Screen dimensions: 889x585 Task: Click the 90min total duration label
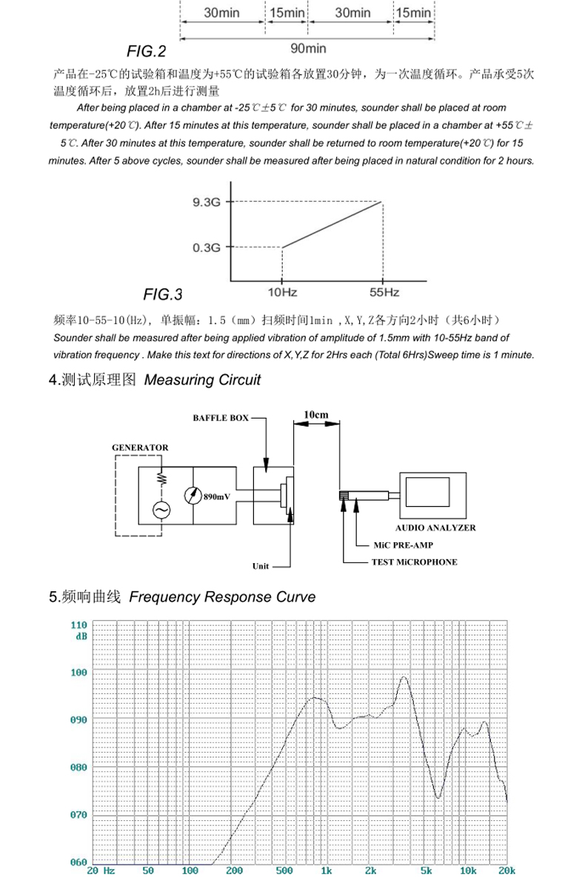click(x=308, y=49)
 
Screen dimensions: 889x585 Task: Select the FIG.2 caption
click(x=146, y=52)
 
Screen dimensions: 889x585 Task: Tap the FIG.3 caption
click(x=163, y=295)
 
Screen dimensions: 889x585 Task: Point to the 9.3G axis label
click(x=207, y=202)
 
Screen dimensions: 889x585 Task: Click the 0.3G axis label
click(x=207, y=247)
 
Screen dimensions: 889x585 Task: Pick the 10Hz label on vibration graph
click(x=281, y=293)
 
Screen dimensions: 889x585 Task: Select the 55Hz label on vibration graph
click(x=384, y=293)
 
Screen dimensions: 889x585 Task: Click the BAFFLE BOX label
click(x=221, y=418)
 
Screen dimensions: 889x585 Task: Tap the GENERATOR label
click(x=140, y=447)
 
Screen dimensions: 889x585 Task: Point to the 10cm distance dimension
click(x=316, y=415)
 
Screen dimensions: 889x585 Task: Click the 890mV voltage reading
click(x=217, y=496)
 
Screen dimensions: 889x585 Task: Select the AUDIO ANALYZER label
click(x=435, y=528)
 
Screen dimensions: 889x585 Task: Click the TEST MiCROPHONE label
click(x=414, y=562)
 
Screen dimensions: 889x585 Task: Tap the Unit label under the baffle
click(x=261, y=566)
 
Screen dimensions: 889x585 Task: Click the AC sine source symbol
click(x=160, y=510)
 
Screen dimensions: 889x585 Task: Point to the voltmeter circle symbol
click(x=193, y=496)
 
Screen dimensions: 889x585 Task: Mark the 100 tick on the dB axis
click(x=78, y=673)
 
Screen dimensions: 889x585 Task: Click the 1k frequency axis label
click(x=326, y=870)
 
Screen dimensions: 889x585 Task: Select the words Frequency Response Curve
click(x=222, y=597)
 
